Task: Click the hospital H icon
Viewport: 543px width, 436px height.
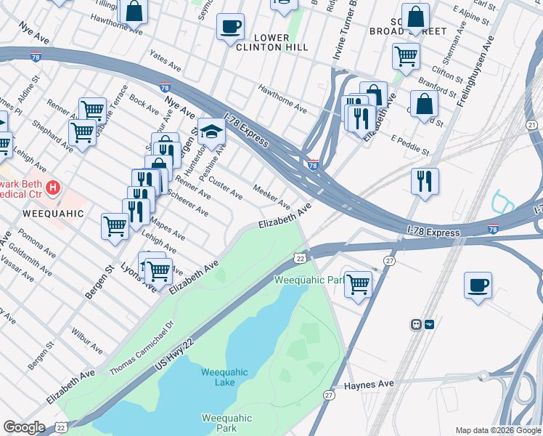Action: point(52,189)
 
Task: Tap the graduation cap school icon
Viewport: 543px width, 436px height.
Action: point(211,132)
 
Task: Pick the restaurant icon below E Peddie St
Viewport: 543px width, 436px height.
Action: point(425,181)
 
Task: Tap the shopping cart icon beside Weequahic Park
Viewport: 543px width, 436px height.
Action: point(358,284)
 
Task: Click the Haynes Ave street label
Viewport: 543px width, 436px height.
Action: point(368,384)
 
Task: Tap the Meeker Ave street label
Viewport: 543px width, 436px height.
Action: point(271,196)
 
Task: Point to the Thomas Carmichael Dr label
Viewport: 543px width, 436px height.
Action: point(142,348)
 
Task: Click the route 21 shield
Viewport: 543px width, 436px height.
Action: point(532,126)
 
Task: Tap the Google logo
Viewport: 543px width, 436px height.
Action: point(24,427)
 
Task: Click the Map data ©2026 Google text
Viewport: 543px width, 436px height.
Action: point(498,430)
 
